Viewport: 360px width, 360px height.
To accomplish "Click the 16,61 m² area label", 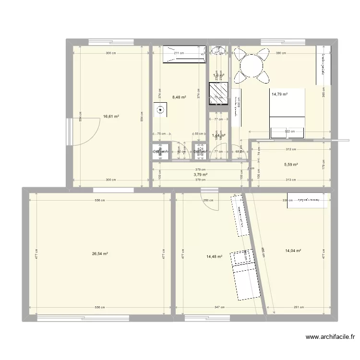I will click(x=110, y=116).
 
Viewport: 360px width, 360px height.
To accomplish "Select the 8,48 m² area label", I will click(x=179, y=97).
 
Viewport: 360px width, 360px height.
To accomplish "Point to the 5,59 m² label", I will click(x=291, y=165).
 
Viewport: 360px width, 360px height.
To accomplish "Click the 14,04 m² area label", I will click(x=293, y=251).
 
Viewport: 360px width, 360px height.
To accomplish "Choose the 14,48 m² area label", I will click(x=214, y=256).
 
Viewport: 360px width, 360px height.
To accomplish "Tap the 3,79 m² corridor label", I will click(x=201, y=175).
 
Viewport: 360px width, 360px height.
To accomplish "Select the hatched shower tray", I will click(x=219, y=93).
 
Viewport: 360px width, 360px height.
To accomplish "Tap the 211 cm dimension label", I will click(x=179, y=53).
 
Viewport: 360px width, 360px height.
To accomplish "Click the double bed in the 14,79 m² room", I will click(x=287, y=114).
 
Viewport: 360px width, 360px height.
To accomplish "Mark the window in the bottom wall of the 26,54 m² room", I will click(x=83, y=317).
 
